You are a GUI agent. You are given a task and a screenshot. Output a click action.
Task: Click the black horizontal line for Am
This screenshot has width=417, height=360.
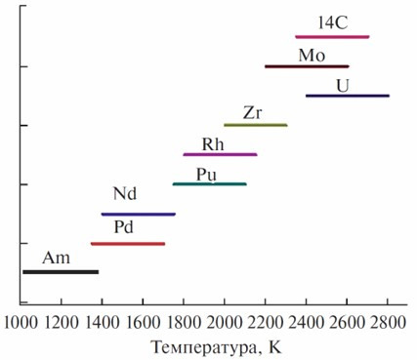click(x=61, y=272)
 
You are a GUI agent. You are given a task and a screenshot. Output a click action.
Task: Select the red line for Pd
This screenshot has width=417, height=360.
click(x=128, y=244)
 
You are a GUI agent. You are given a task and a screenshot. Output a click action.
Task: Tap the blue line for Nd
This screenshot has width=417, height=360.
click(x=139, y=214)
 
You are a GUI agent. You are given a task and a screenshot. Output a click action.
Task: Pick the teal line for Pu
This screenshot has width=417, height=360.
click(x=210, y=184)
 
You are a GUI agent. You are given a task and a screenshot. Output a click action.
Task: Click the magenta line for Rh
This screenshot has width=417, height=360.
click(x=221, y=154)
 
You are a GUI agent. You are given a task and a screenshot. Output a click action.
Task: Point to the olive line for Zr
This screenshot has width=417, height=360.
click(x=256, y=125)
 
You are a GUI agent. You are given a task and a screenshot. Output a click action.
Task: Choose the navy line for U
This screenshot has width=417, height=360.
click(x=348, y=96)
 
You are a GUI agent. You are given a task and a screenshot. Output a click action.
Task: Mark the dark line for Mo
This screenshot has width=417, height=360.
click(x=307, y=66)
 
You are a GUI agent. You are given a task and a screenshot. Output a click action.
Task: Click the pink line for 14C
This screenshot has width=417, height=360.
click(x=332, y=37)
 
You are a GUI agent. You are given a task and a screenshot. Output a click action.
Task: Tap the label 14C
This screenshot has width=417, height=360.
click(x=333, y=22)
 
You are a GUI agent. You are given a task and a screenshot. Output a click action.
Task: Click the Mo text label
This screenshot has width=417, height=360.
click(x=312, y=56)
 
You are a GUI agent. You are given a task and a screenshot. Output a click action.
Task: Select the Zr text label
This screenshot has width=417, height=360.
click(x=252, y=113)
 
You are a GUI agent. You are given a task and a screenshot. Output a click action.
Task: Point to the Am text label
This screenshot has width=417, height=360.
click(x=56, y=258)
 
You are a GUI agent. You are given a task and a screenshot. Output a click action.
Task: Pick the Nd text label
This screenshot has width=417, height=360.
click(x=125, y=194)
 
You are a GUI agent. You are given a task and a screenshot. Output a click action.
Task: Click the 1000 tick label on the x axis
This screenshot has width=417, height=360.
click(x=21, y=323)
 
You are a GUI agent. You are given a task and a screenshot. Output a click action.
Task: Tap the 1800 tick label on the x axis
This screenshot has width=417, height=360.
click(x=184, y=323)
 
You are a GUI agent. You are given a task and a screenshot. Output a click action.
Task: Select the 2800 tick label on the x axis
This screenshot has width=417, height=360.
click(x=388, y=323)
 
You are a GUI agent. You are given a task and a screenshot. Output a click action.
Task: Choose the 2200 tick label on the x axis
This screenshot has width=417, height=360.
click(x=266, y=323)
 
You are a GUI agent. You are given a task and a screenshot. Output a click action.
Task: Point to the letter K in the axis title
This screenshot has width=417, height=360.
click(x=275, y=346)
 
